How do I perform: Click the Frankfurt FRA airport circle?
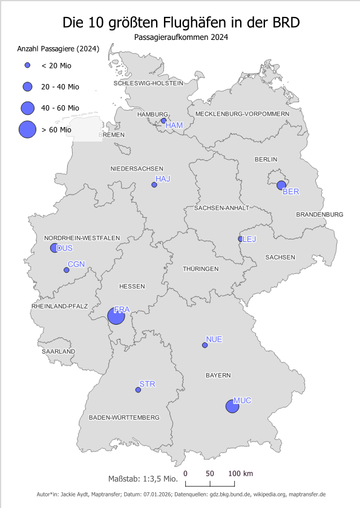point(116,316)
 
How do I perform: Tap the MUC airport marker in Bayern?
point(232,406)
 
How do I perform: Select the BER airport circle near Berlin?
point(281,185)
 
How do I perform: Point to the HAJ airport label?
point(163,179)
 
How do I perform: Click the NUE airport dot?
point(205,345)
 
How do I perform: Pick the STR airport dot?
point(138,390)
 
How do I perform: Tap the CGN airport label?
point(76,264)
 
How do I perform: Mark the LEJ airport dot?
point(241,239)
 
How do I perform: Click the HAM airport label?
point(174,125)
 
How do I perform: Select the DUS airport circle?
point(54,247)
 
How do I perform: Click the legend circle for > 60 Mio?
point(27,129)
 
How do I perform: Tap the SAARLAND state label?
point(58,351)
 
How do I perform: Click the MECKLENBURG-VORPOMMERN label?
point(247,114)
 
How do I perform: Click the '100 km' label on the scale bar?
point(240,473)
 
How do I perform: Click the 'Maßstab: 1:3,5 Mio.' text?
point(142,479)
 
